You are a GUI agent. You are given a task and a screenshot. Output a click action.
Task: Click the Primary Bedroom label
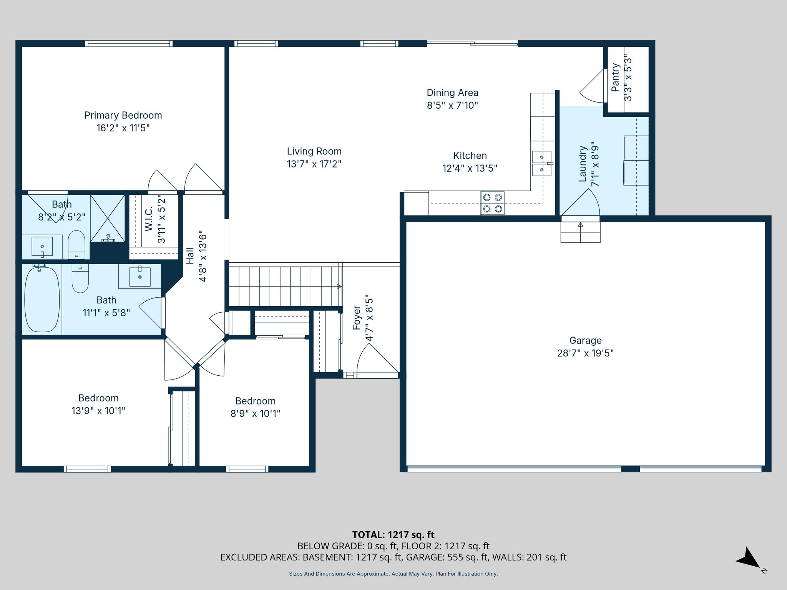[123, 115]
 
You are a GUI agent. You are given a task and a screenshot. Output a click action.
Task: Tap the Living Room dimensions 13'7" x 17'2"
[314, 164]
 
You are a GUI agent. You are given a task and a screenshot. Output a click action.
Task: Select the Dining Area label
[452, 93]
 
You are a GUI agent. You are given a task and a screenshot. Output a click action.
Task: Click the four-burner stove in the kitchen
[493, 203]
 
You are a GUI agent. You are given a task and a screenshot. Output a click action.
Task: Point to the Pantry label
[616, 78]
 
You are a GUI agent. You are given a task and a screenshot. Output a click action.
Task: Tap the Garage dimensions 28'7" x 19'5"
[585, 353]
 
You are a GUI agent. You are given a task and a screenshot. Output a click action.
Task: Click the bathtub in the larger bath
[42, 299]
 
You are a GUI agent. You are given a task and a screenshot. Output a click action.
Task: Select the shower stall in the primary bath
[108, 218]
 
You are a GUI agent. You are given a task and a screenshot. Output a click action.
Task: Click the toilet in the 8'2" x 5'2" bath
[76, 245]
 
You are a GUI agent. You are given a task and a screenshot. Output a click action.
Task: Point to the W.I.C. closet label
[149, 219]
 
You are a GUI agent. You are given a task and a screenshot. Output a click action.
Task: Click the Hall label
[190, 256]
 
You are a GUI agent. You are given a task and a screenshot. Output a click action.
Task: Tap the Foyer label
[357, 318]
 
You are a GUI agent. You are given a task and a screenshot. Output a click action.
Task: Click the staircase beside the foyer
[286, 286]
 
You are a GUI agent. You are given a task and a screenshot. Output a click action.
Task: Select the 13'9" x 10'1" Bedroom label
[98, 398]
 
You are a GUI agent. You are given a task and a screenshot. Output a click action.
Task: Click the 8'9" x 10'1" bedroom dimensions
[255, 414]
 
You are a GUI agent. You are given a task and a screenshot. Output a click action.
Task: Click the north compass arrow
[748, 558]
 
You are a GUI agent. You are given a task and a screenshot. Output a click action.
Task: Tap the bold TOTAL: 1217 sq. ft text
[393, 535]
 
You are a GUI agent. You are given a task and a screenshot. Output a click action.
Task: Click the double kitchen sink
[542, 163]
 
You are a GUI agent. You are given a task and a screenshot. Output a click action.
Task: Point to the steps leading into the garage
[580, 232]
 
